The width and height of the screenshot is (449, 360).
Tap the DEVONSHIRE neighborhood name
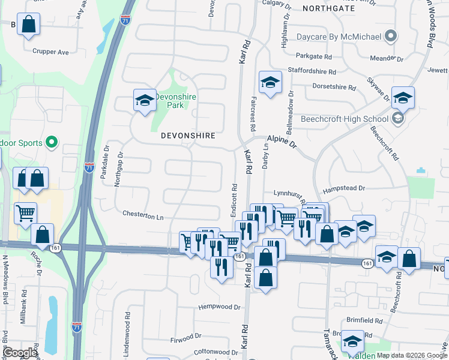[x=188, y=136]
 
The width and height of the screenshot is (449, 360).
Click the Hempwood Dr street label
[x=220, y=307]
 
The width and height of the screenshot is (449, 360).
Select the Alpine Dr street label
[x=282, y=141]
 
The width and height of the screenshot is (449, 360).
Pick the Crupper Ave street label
[x=51, y=52]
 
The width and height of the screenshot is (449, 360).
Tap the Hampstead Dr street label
[x=344, y=188]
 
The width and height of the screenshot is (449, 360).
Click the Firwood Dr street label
[x=185, y=337]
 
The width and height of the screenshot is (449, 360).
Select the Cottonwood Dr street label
[x=217, y=352]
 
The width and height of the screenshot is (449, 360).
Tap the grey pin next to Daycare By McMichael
[x=391, y=37]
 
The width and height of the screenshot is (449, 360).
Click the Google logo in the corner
[x=20, y=353]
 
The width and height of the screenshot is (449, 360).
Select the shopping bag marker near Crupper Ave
[x=28, y=25]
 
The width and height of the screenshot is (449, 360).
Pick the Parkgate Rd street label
[x=313, y=56]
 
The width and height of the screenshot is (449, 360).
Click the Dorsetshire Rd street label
[x=334, y=86]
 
